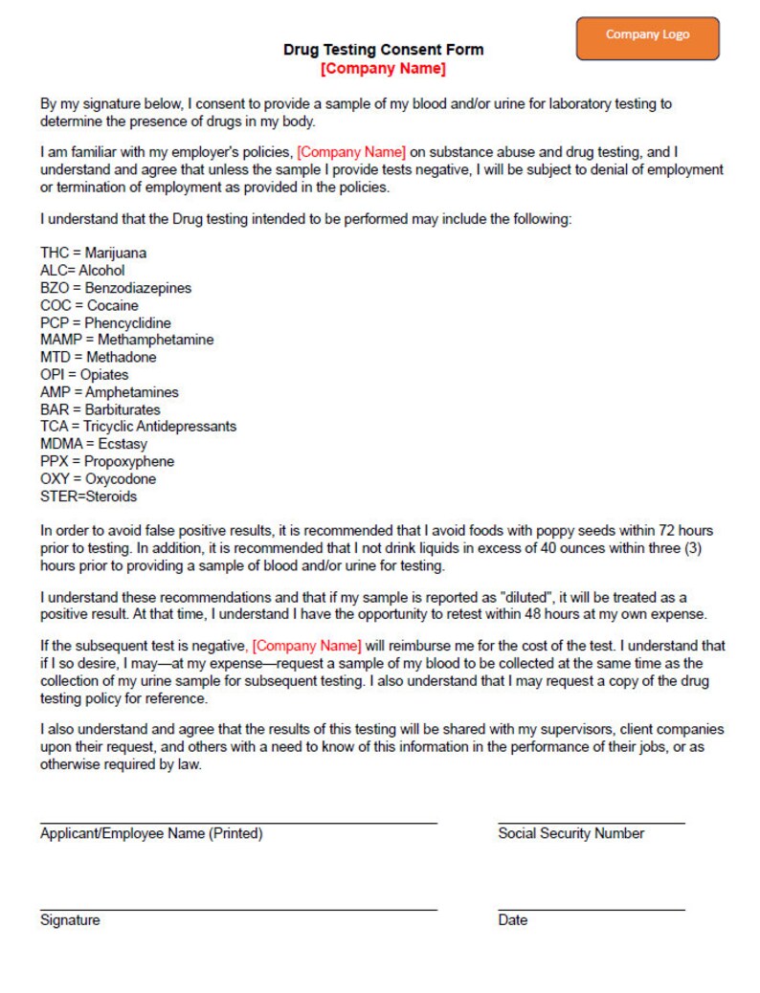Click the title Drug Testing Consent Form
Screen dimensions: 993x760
(383, 50)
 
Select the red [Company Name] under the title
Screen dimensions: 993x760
(383, 69)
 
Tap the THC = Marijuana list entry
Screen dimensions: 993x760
(94, 254)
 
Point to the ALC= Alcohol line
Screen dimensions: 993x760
(82, 271)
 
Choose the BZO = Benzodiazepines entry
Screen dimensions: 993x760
(116, 288)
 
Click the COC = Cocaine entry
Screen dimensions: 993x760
(89, 305)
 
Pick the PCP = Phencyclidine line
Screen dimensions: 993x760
(105, 323)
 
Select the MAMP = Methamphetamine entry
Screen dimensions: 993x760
(127, 340)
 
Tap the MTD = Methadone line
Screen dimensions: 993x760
(98, 357)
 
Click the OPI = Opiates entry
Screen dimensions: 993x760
(84, 375)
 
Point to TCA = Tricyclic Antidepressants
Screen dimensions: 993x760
(138, 427)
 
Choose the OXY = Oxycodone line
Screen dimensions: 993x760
(98, 478)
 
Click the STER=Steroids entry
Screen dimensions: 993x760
(88, 496)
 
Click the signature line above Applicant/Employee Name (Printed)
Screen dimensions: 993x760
(238, 822)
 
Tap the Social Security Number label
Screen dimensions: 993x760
(570, 833)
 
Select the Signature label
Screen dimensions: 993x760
(70, 920)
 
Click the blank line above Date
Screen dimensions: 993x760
(591, 909)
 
